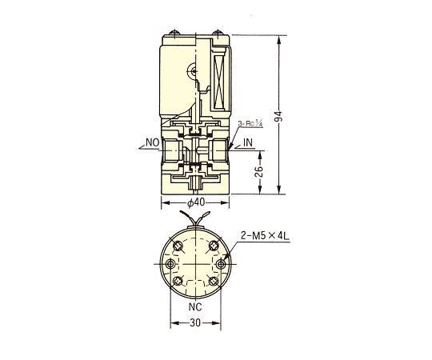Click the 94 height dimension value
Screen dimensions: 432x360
pyautogui.click(x=279, y=116)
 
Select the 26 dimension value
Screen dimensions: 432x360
pyautogui.click(x=259, y=171)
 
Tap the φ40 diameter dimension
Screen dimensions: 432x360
pyautogui.click(x=196, y=202)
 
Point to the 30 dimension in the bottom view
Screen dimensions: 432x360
pyautogui.click(x=195, y=322)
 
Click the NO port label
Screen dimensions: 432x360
pyautogui.click(x=153, y=142)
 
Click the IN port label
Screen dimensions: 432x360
pyautogui.click(x=248, y=142)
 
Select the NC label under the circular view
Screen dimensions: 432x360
pyautogui.click(x=195, y=306)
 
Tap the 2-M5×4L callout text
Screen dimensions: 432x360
pyautogui.click(x=265, y=236)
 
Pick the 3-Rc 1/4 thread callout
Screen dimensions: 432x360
pyautogui.click(x=250, y=123)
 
